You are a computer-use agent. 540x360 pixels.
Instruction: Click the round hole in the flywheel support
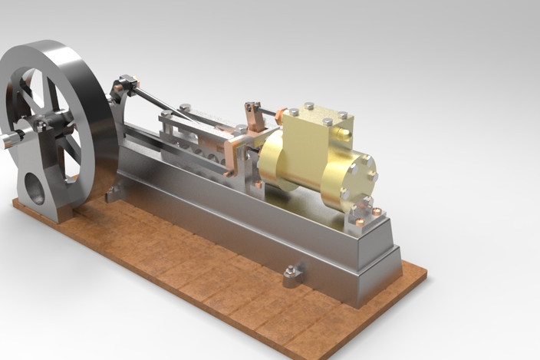(x=35, y=187)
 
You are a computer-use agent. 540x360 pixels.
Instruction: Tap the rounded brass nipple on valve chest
(x=347, y=138)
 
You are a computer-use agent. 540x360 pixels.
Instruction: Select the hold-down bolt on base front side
(x=293, y=272)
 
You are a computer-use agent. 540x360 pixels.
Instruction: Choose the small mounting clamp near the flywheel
(x=114, y=192)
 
